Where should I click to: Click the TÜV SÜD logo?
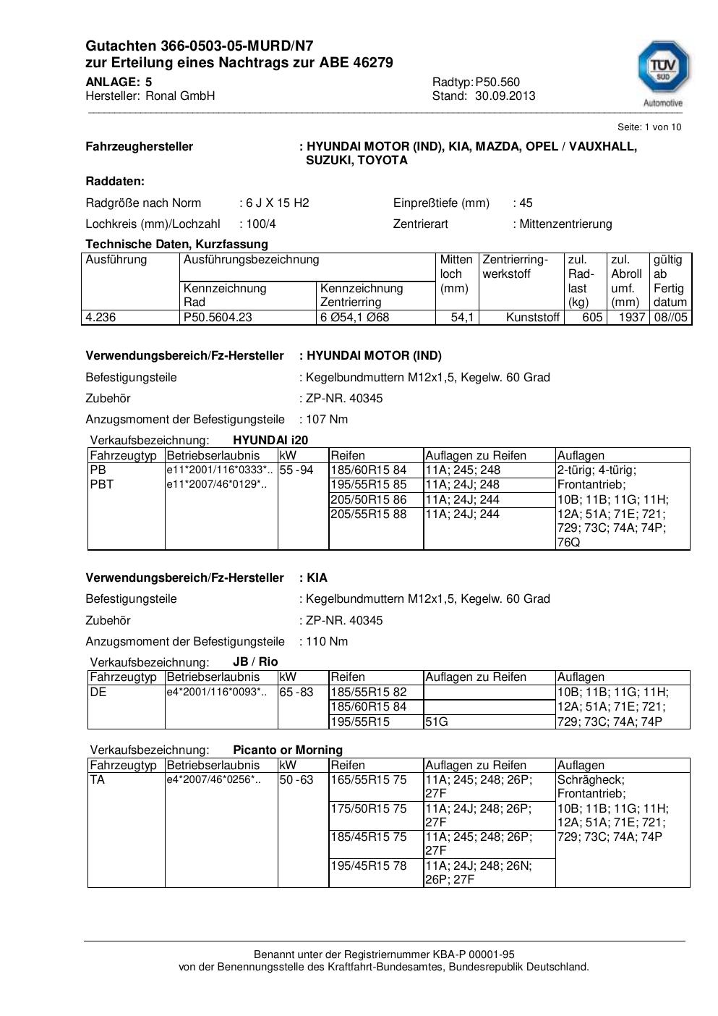click(662, 73)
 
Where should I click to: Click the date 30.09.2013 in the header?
click(505, 96)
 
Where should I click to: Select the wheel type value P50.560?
click(497, 82)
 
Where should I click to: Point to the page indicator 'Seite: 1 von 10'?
click(649, 127)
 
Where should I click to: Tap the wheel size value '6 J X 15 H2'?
click(277, 203)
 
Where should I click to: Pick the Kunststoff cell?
click(533, 317)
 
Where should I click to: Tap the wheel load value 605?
click(592, 317)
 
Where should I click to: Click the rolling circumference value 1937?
click(632, 317)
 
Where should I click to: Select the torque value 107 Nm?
click(327, 419)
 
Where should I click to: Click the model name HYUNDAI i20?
click(270, 440)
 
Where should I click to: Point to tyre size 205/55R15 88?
click(369, 514)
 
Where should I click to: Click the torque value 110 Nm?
click(327, 641)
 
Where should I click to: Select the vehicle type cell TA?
click(98, 779)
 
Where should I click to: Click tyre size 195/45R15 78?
click(369, 865)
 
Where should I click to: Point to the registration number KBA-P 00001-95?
click(462, 954)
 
